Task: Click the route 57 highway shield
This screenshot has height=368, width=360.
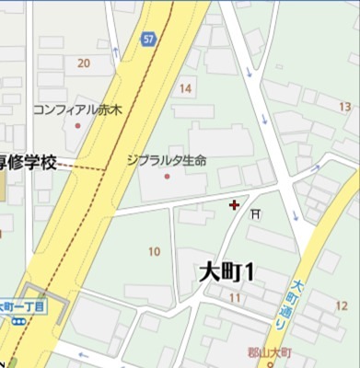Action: pos(147,40)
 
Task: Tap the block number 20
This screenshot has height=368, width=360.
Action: pos(84,63)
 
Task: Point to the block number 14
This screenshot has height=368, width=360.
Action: pos(186,88)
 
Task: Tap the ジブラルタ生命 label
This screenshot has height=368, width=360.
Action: pos(167,159)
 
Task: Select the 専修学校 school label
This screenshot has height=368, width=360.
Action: pos(29,162)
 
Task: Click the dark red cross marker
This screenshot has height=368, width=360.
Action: pos(235,203)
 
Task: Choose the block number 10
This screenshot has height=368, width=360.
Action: pos(154,251)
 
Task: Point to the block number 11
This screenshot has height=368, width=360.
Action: pos(236,298)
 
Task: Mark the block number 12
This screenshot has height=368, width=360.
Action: pos(342,305)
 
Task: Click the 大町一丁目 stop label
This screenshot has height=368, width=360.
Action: pos(21,305)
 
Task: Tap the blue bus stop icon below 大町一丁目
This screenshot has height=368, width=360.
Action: pos(17,321)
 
